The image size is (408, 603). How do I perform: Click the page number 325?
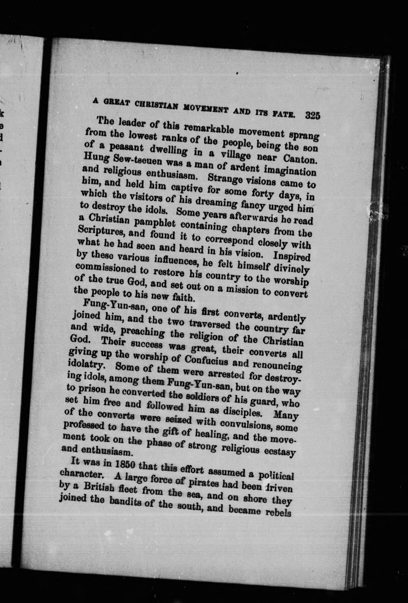pos(313,116)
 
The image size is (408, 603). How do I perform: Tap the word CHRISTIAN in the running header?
pos(154,107)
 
